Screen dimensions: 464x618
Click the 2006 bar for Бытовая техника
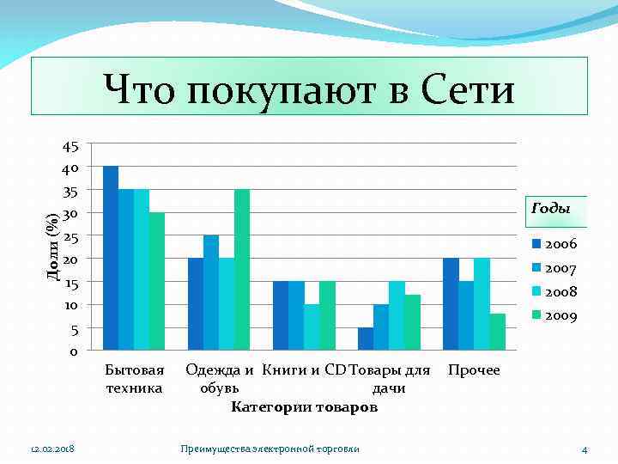coord(111,258)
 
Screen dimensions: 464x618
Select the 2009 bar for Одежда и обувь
coord(242,270)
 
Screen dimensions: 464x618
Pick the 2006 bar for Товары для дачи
coord(366,339)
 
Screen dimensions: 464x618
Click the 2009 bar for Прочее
coord(497,332)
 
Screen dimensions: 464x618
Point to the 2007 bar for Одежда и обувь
coord(211,292)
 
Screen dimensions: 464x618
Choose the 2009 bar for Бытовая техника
coord(157,281)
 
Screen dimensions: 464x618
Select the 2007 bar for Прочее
coord(466,315)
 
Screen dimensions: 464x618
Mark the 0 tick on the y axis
coord(74,351)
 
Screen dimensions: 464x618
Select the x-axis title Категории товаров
coord(304,406)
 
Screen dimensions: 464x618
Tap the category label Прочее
coord(474,370)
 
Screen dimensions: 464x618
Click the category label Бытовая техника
coord(134,379)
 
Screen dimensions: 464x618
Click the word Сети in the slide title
coord(468,89)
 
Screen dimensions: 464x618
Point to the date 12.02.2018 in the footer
coord(51,449)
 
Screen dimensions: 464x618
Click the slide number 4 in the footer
coord(585,449)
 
